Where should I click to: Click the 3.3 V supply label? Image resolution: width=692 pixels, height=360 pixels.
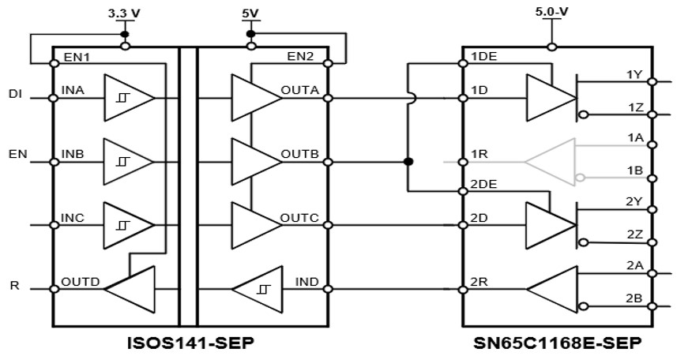123,13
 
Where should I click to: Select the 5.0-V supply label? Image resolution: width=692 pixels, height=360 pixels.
554,13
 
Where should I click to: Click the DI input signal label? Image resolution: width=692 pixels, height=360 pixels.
15,95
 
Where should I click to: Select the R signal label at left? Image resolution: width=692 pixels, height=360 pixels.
13,285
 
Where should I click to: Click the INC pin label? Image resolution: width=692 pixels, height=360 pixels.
73,219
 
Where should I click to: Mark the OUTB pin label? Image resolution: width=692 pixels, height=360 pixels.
300,155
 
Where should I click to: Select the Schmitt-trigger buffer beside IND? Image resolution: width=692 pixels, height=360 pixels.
256,289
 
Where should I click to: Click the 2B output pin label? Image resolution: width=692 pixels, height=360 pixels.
634,298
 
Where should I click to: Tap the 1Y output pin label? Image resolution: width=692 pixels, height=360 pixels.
634,74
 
